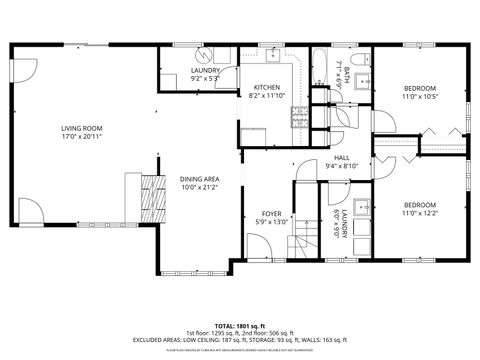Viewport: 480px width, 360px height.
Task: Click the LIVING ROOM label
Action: click(84, 127)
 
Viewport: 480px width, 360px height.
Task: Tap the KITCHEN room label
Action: click(266, 88)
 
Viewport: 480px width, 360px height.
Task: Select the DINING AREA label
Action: click(199, 179)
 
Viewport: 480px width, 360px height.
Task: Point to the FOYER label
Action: click(271, 213)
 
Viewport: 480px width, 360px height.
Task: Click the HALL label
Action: click(341, 160)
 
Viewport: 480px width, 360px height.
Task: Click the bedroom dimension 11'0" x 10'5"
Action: click(419, 95)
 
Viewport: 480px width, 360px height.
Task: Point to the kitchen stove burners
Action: click(297, 117)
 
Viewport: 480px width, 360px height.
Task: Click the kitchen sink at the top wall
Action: click(271, 52)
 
